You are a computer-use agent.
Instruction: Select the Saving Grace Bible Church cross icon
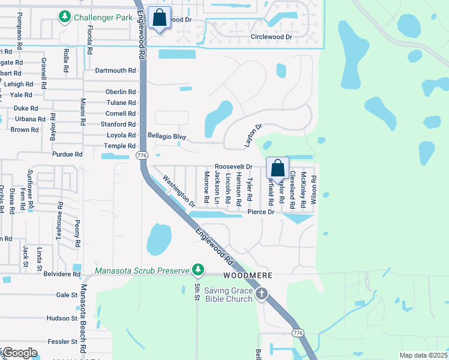pyautogui.click(x=261, y=293)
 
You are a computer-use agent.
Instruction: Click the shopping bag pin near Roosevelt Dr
pyautogui.click(x=278, y=168)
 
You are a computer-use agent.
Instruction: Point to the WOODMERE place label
pyautogui.click(x=248, y=275)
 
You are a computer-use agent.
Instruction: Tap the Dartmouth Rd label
pyautogui.click(x=115, y=70)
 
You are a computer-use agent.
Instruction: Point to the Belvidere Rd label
pyautogui.click(x=62, y=274)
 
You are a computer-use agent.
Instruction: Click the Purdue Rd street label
pyautogui.click(x=67, y=154)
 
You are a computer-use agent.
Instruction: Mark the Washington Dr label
pyautogui.click(x=179, y=191)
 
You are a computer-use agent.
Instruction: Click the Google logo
pyautogui.click(x=20, y=352)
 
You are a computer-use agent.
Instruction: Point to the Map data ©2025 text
pyautogui.click(x=423, y=355)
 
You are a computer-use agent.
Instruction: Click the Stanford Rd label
pyautogui.click(x=119, y=124)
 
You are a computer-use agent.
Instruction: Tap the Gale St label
pyautogui.click(x=67, y=295)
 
